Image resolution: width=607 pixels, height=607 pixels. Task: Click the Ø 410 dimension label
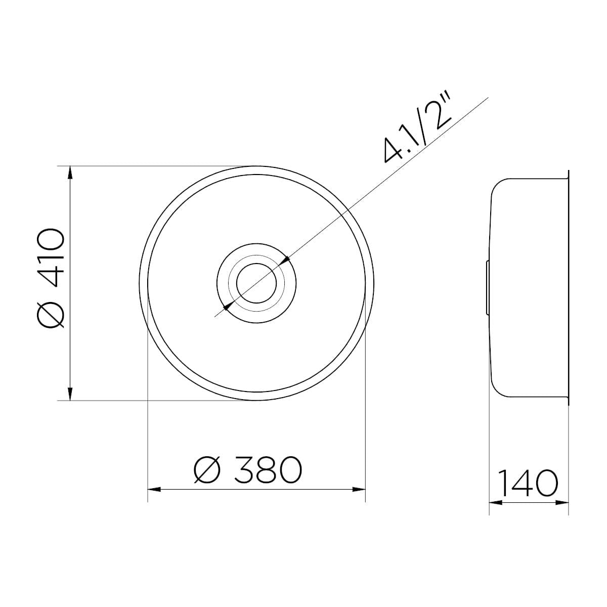tap(51, 278)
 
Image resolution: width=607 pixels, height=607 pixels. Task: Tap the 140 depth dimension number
tap(529, 492)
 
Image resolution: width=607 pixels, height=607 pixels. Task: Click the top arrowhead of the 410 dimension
tap(70, 172)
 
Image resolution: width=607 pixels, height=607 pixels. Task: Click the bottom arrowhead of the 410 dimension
tap(70, 394)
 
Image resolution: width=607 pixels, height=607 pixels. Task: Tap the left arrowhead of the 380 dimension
tap(154, 499)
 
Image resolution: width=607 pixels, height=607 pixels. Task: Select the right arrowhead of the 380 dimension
tap(359, 499)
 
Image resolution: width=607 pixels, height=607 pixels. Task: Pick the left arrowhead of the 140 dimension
tap(496, 511)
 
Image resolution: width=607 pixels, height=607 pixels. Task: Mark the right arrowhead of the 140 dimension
tap(562, 511)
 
